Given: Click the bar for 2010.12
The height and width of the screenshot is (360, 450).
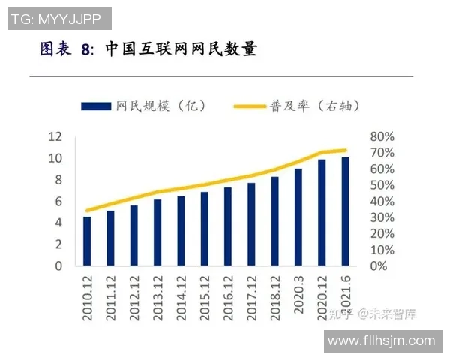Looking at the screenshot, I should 87,241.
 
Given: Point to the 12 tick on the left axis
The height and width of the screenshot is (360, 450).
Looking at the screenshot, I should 55,136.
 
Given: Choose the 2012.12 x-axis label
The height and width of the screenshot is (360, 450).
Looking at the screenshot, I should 134,298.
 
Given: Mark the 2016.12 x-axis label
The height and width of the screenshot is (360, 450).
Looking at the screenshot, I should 228,298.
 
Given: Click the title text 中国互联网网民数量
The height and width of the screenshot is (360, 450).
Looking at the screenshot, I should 181,49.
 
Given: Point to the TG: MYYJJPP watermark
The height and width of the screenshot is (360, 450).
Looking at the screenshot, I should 59,18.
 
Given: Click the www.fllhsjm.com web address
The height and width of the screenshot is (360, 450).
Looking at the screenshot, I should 382,340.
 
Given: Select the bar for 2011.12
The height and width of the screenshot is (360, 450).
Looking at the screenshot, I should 110,238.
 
